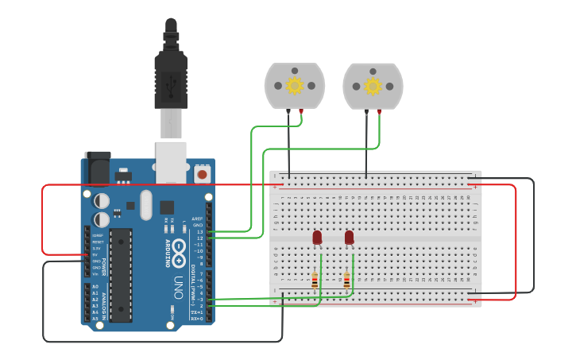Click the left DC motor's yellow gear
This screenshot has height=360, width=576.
coord(295,85)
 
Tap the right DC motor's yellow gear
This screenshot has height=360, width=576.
coord(373,85)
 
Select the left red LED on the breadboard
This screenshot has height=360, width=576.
coord(317,237)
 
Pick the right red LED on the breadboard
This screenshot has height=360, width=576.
coord(349,237)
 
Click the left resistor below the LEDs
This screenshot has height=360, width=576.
coord(315,280)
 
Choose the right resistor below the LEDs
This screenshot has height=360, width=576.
coord(346,280)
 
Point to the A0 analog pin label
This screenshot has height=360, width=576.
coord(95,286)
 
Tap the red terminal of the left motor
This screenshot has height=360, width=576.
coord(301,111)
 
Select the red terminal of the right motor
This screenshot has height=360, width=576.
coord(380,111)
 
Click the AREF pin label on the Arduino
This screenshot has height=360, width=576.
coord(197,219)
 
